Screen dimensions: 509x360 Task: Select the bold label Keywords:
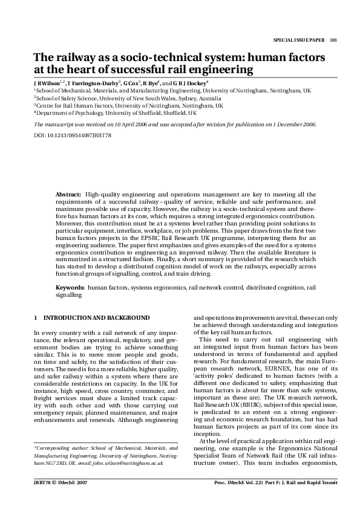[x=70, y=288]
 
